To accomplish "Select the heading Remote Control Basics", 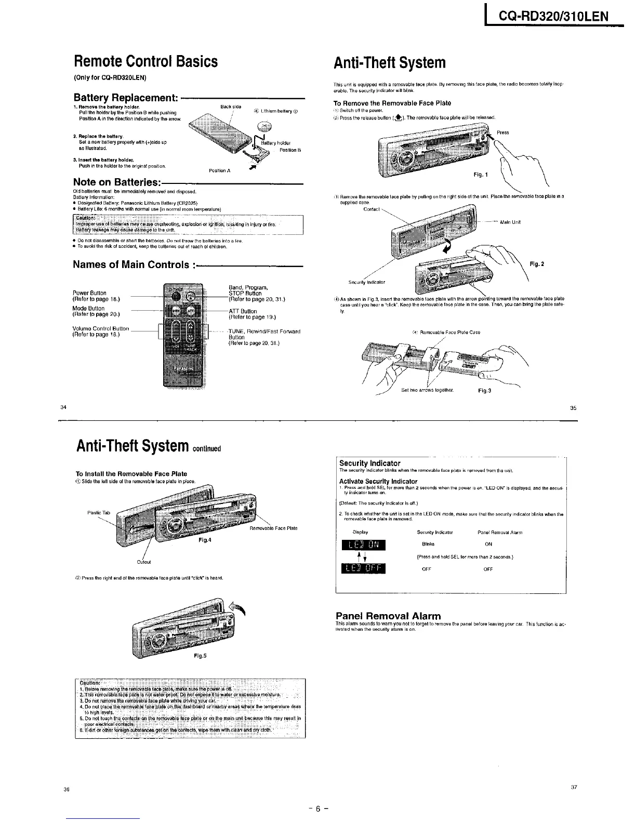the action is (x=145, y=62).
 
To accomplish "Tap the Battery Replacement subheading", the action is (x=126, y=98).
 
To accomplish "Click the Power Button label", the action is (x=89, y=293).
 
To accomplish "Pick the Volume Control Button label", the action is (x=101, y=329).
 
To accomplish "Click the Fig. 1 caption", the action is (x=481, y=175).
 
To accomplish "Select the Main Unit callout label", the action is (x=510, y=222).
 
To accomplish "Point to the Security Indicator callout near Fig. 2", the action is (x=366, y=283).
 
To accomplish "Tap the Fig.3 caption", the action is (x=484, y=390).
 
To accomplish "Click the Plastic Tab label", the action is (x=99, y=513).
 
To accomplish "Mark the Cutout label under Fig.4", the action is (x=144, y=562).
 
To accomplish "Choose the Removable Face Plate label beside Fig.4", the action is (x=274, y=528).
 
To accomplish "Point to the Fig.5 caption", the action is (x=200, y=656).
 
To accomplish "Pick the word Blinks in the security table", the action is (x=428, y=545).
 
